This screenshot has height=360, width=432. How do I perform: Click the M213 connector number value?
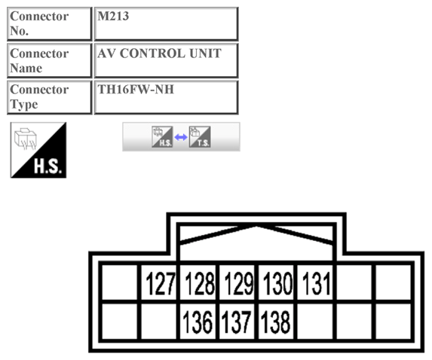point(166,23)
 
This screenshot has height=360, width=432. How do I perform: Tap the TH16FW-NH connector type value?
point(166,96)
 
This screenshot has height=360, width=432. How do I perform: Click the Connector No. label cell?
point(49,23)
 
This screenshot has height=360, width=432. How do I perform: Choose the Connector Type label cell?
point(49,96)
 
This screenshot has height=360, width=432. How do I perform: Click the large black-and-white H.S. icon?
point(38,150)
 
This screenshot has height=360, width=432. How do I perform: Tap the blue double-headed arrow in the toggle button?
point(181,138)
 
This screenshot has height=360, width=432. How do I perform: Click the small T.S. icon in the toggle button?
point(200,137)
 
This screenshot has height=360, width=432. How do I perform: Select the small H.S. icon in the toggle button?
point(162,137)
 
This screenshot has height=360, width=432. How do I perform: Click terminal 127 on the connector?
point(160,284)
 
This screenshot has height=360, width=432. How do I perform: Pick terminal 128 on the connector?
point(199,284)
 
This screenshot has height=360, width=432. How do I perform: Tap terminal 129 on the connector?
point(238,284)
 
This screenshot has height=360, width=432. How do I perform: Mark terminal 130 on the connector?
point(277,284)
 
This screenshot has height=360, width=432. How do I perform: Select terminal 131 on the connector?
point(317,284)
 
